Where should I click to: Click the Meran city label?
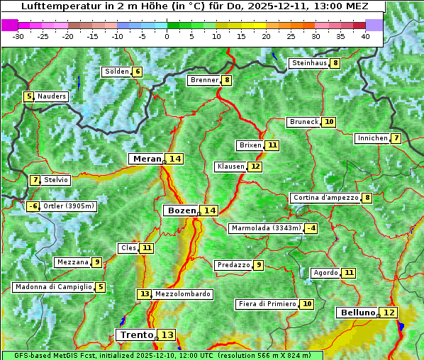(x=146, y=159)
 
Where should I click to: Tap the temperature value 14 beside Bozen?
(x=209, y=210)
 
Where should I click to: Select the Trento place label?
(x=136, y=334)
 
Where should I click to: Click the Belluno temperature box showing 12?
(x=389, y=313)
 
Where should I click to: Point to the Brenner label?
(x=204, y=81)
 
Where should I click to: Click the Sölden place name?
(x=117, y=72)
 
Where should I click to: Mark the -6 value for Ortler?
(x=33, y=207)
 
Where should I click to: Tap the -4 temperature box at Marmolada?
(x=311, y=228)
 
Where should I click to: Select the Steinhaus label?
(x=309, y=63)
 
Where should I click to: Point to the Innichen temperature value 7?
(x=396, y=138)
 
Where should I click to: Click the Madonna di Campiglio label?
(x=53, y=287)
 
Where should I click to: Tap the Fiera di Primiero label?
(x=267, y=304)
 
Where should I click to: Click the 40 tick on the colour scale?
(x=365, y=36)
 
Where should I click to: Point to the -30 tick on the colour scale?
(x=18, y=36)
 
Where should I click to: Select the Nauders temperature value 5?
(x=29, y=96)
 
